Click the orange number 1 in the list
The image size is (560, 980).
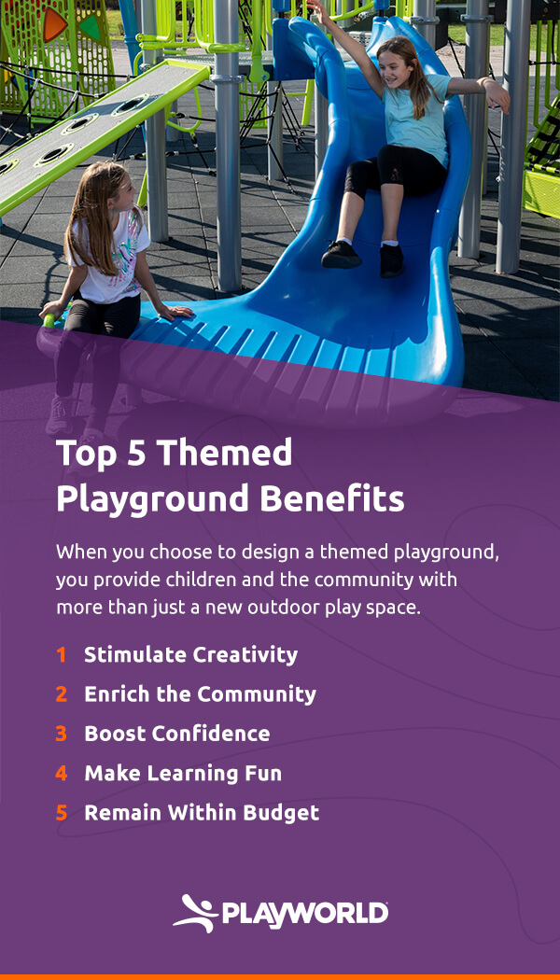[62, 655]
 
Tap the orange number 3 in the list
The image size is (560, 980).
[62, 734]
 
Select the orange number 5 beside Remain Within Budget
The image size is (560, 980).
[62, 813]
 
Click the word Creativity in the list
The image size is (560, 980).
[245, 655]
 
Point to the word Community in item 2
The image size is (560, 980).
[257, 694]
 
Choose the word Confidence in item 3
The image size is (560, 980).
[210, 734]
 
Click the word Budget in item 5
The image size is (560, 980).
[281, 813]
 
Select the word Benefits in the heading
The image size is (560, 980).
[333, 498]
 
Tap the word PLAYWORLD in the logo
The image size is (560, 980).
[304, 913]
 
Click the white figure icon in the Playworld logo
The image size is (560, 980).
[194, 912]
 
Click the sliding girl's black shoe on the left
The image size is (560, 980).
[341, 254]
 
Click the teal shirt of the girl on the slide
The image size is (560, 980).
[415, 117]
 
